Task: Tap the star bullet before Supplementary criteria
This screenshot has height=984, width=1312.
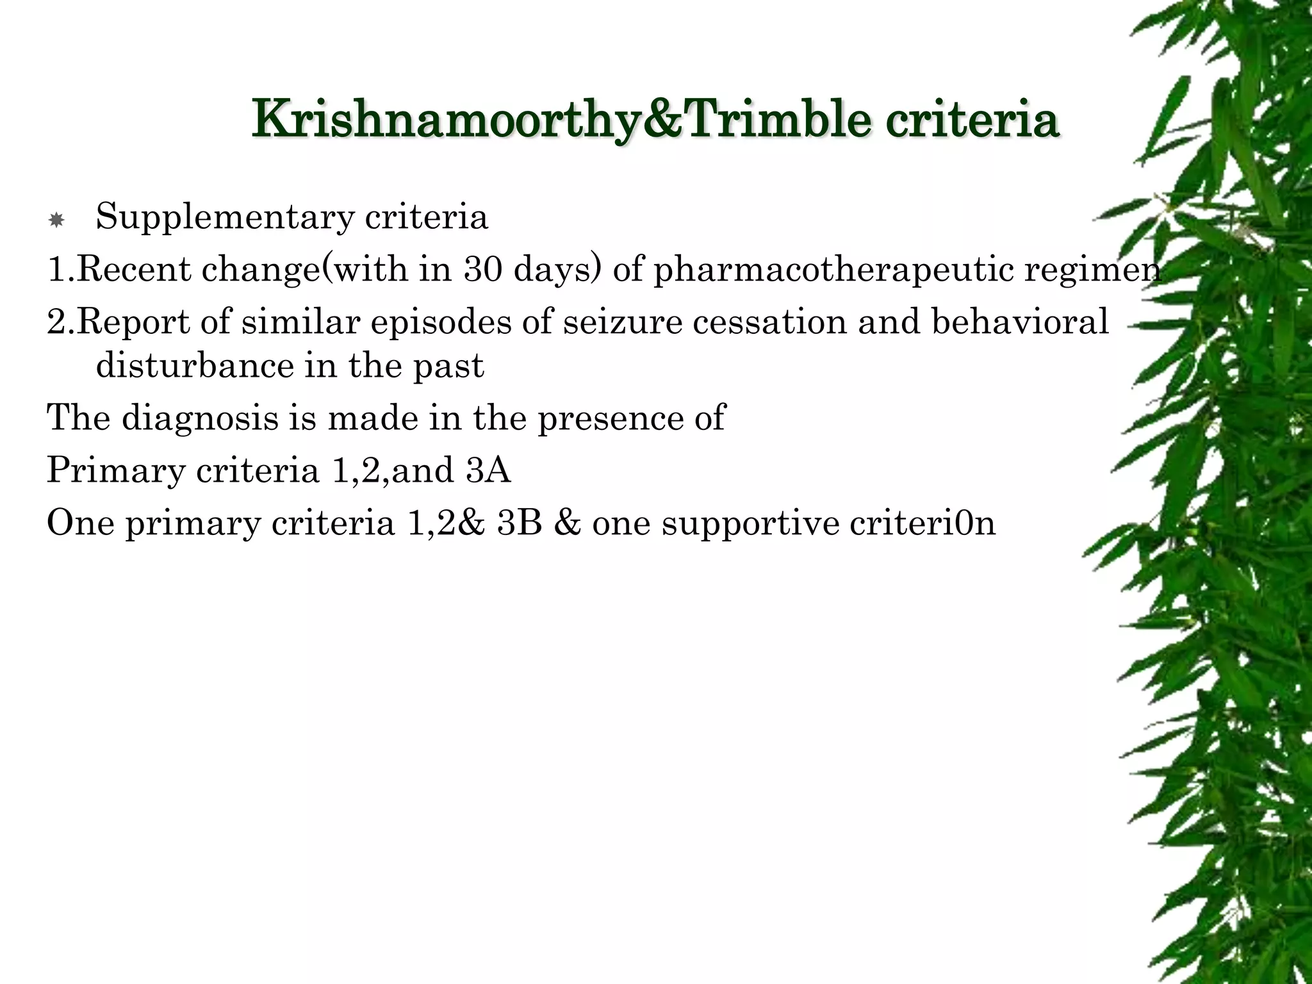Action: (56, 221)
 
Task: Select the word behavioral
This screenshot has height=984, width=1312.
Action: (1019, 322)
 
